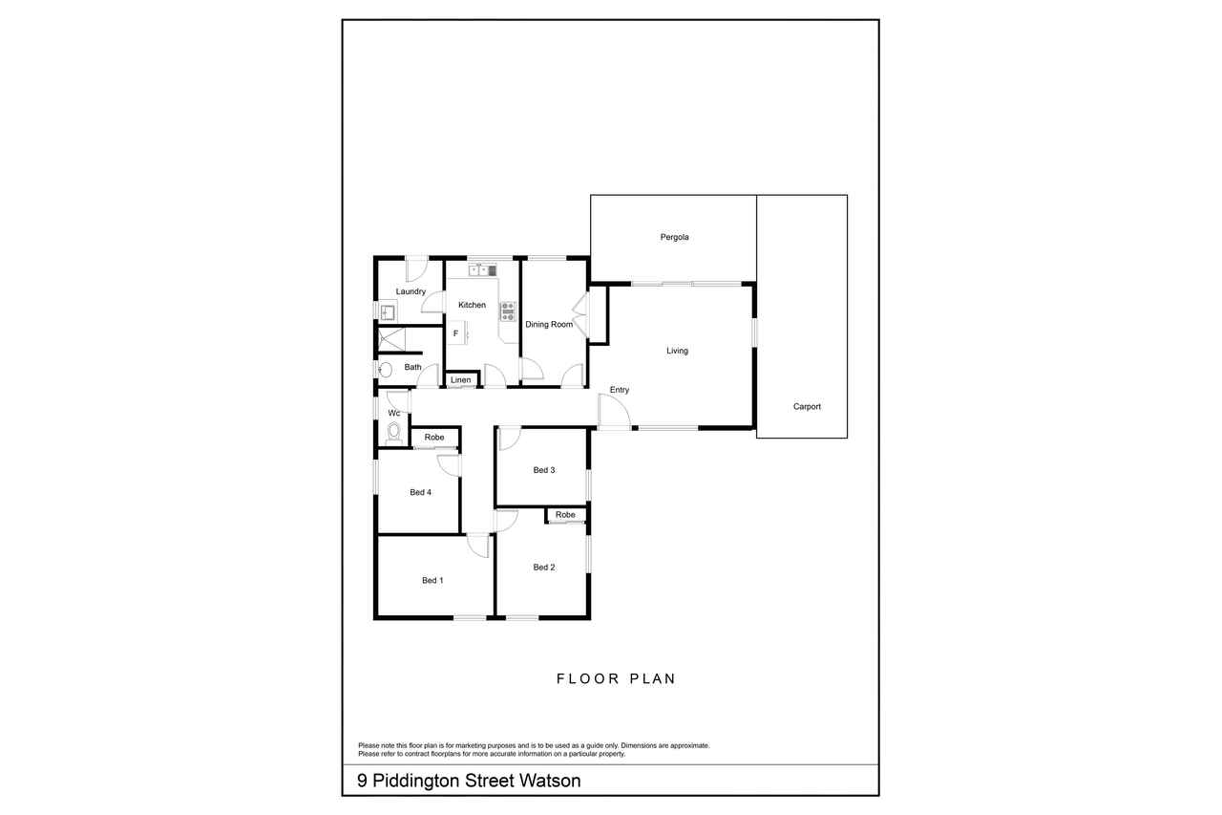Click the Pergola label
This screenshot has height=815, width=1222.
coord(674,238)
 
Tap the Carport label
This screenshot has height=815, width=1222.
coord(807,407)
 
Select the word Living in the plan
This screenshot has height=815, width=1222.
coord(677,351)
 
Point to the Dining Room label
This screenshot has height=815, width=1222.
coord(549,324)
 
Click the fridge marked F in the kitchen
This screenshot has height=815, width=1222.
coord(457,333)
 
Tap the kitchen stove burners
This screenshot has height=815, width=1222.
coord(508,311)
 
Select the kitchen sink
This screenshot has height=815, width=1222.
coord(483,270)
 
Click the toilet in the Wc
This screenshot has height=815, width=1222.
coord(394,433)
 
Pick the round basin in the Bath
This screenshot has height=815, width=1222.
coord(385,370)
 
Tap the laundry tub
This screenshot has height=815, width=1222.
coord(388,312)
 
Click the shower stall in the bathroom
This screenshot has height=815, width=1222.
coord(392,339)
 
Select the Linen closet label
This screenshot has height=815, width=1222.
coord(460,380)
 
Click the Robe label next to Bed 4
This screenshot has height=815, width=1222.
coord(434,438)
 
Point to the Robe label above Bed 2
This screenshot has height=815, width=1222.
coord(565,515)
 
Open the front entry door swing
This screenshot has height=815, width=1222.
coord(615,412)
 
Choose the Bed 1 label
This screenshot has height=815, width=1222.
coord(432,580)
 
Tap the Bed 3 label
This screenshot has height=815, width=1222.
coord(544,470)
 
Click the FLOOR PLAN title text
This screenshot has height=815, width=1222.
coord(616,678)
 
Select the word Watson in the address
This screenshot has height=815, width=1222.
coord(549,781)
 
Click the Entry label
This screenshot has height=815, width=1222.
coord(620,390)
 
